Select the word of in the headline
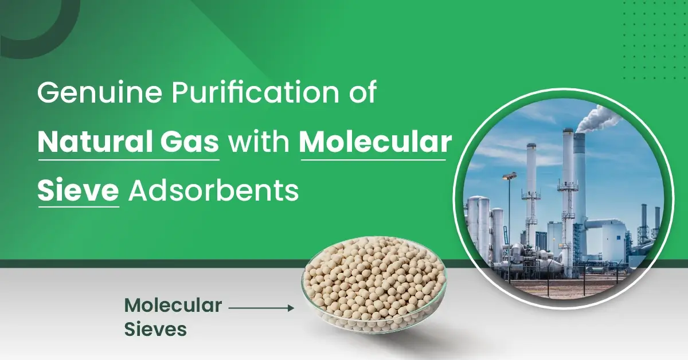coord(362,93)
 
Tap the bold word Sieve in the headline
coord(78,191)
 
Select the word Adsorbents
coord(213,191)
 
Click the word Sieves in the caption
coord(155,330)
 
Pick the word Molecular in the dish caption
coord(173,306)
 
